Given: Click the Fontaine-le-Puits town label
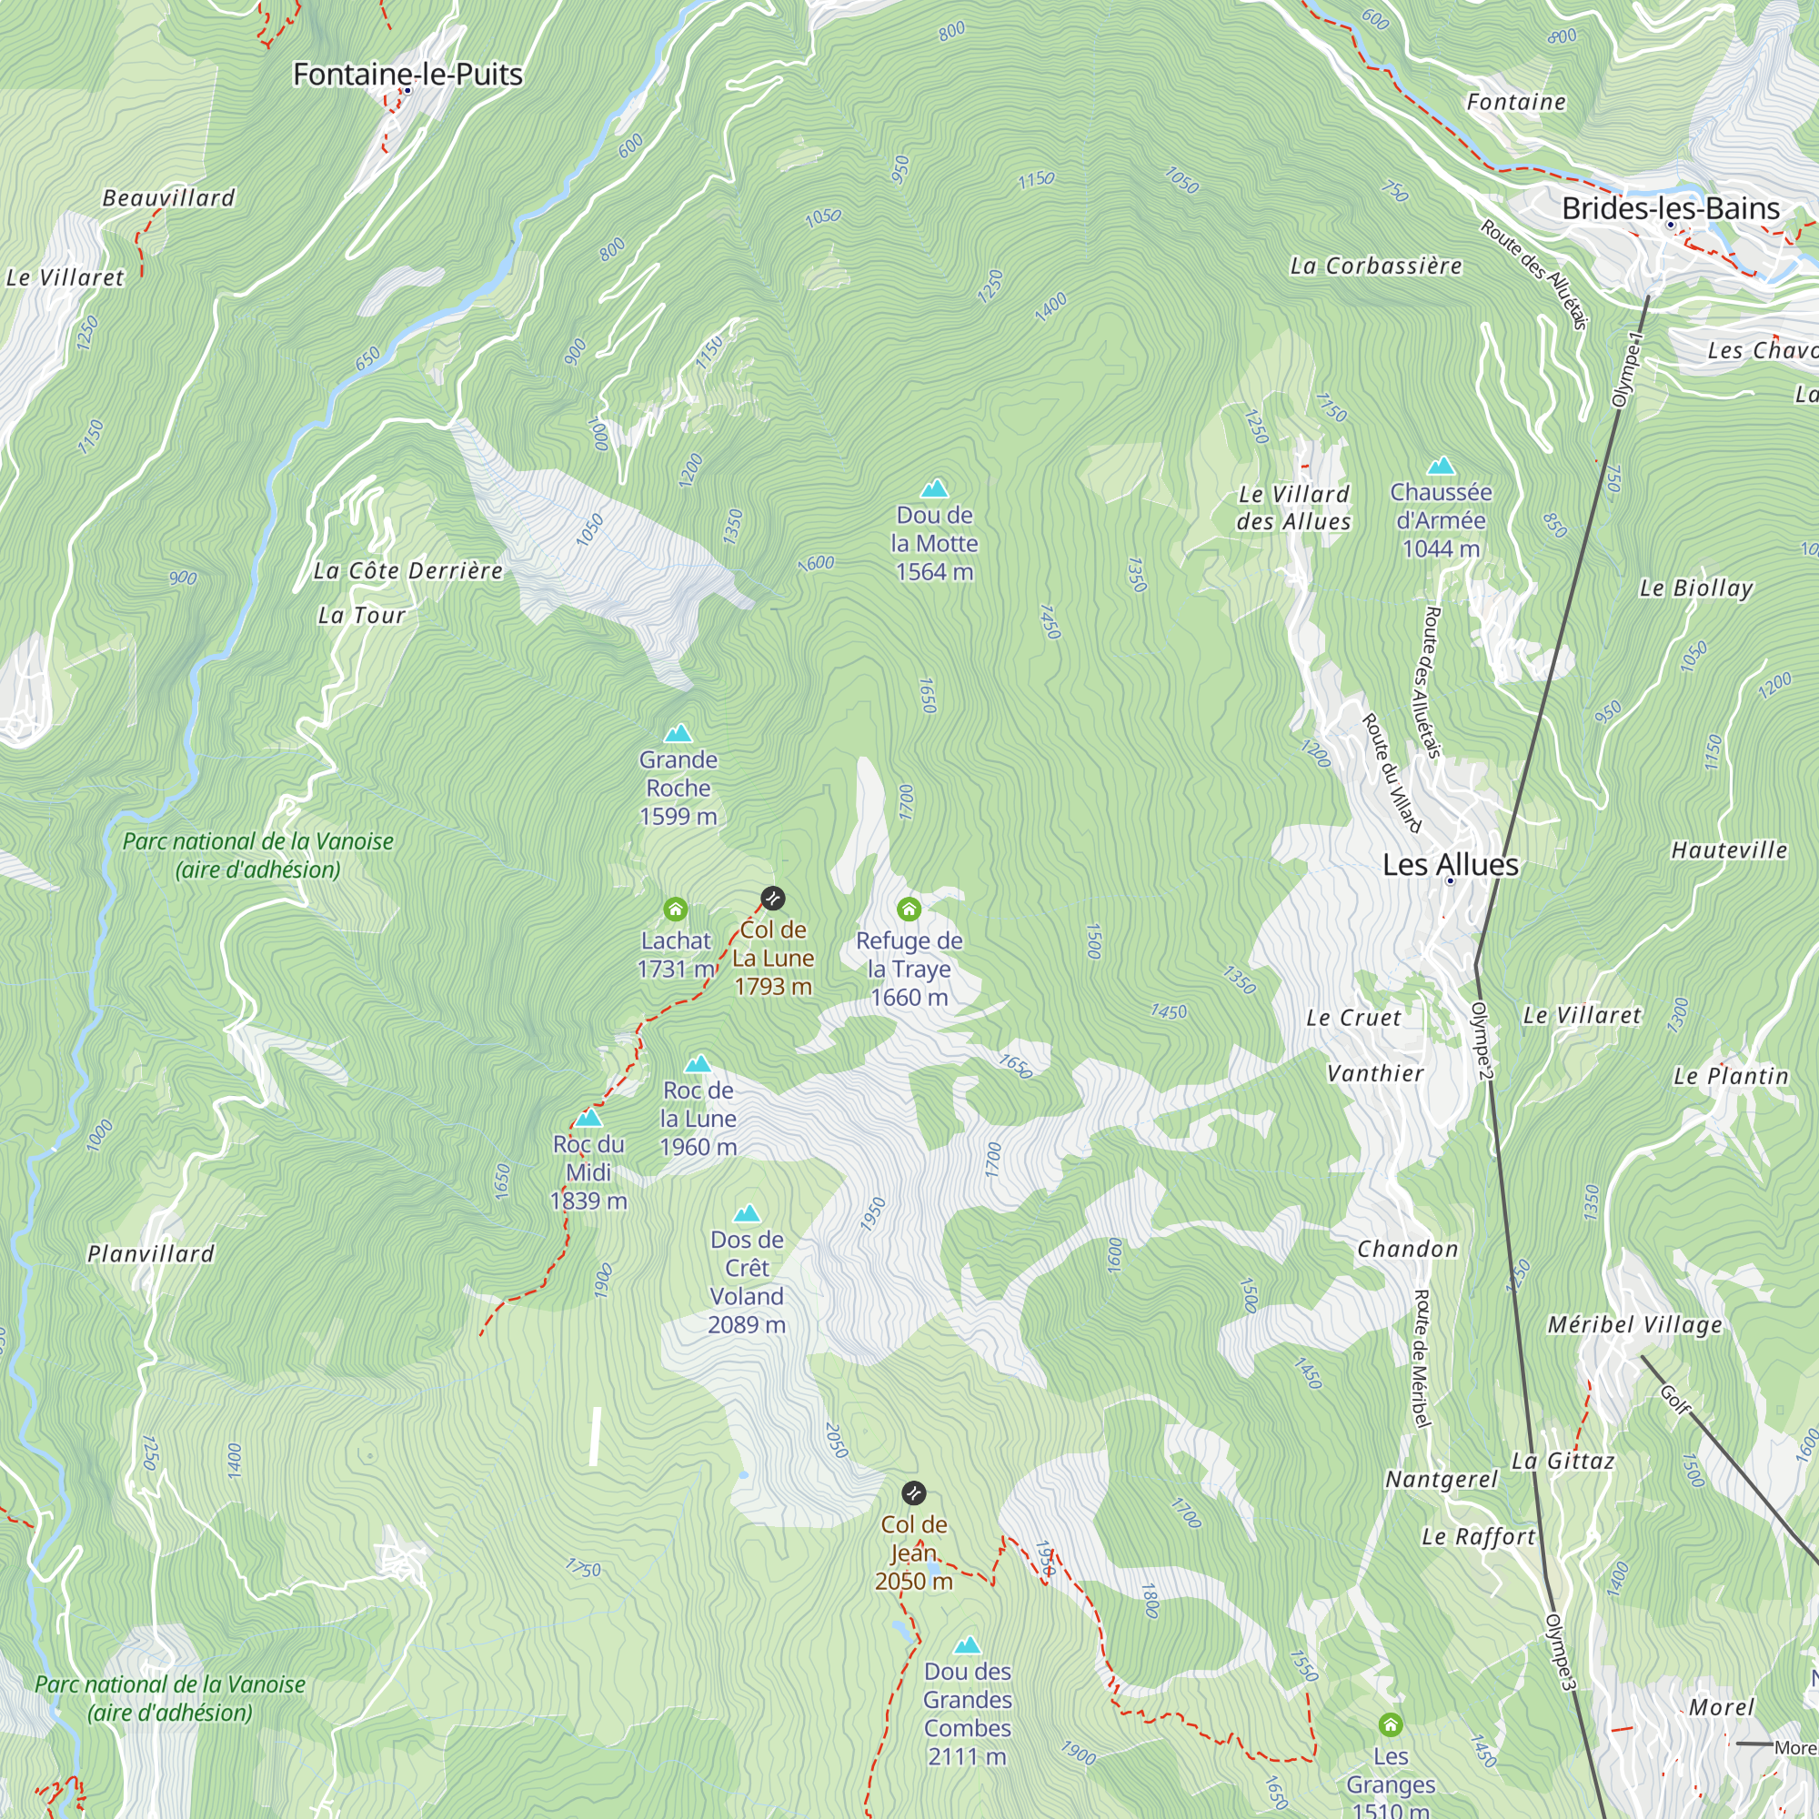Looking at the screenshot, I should tap(407, 74).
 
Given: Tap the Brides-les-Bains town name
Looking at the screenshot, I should tap(1670, 208).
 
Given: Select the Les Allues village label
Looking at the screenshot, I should tap(1450, 864).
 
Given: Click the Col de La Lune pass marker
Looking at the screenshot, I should tap(772, 899).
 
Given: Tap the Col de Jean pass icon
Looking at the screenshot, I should tap(913, 1493).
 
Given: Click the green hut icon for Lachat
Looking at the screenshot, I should tap(675, 909).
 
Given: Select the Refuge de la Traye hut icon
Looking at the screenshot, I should tap(909, 909).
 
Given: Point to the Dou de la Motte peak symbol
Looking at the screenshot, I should tap(934, 487).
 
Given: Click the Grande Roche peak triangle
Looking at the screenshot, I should tap(678, 732).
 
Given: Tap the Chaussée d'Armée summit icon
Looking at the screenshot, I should tap(1441, 465).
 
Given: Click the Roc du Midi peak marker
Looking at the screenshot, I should tap(588, 1118).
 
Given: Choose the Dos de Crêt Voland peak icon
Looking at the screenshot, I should tap(747, 1212).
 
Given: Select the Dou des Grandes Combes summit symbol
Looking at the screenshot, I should tap(967, 1646).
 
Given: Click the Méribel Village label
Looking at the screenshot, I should tap(1634, 1325).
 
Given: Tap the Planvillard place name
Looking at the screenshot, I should tap(151, 1254).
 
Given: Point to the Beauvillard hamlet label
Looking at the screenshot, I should tap(168, 197).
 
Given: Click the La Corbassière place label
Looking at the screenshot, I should tap(1374, 266).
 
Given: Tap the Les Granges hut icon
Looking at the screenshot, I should tap(1391, 1724).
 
